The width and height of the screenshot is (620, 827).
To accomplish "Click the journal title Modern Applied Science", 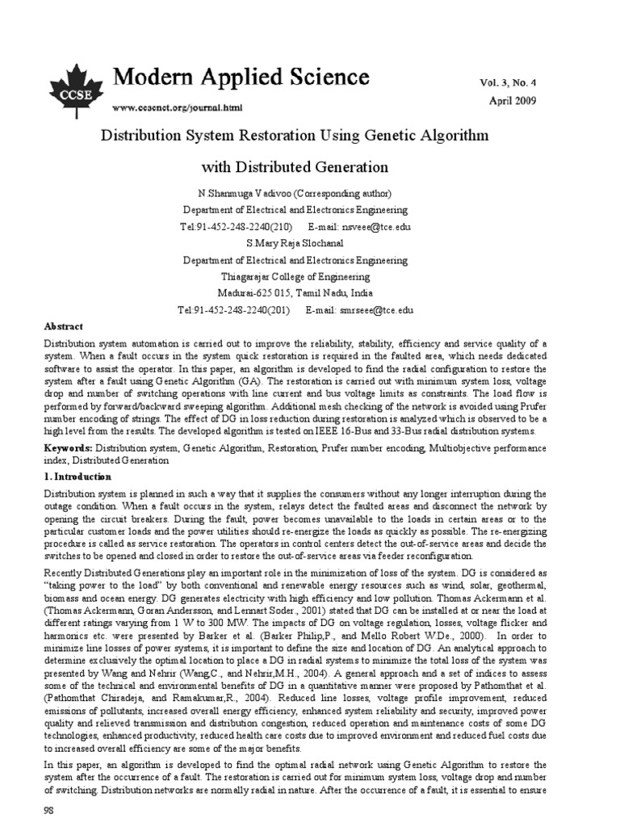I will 241,77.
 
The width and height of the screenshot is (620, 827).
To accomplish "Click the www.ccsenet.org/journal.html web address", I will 177,107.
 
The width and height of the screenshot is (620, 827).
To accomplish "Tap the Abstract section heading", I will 63,326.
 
